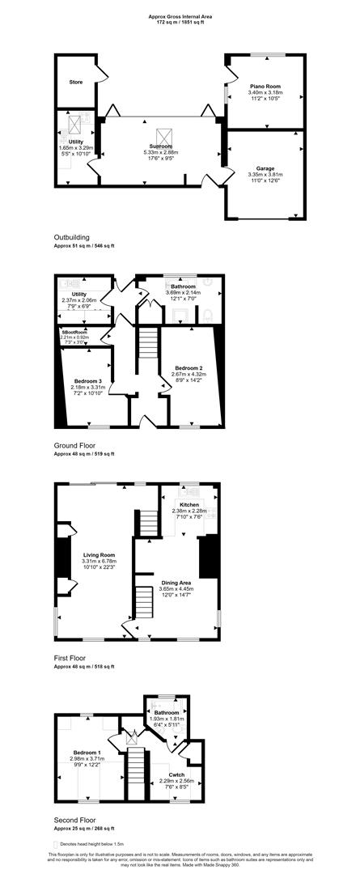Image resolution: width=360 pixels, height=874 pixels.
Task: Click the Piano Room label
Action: pyautogui.click(x=265, y=85)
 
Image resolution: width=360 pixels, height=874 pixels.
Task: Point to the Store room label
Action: pyautogui.click(x=75, y=82)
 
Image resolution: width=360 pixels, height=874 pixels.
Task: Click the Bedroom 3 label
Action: pyautogui.click(x=87, y=380)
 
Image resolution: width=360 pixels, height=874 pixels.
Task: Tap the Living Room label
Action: pyautogui.click(x=99, y=554)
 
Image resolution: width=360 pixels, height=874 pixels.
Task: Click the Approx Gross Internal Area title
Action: pyautogui.click(x=180, y=16)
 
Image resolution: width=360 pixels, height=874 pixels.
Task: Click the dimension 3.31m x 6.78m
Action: pyautogui.click(x=100, y=562)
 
